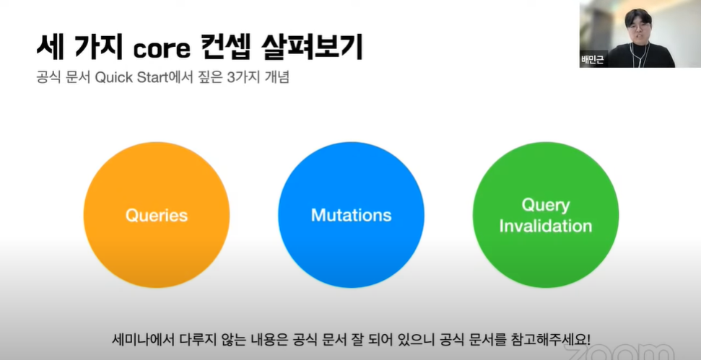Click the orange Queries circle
click(157, 215)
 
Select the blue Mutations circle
click(351, 215)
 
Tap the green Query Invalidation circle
click(545, 215)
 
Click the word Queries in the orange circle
click(157, 216)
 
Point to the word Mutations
click(351, 215)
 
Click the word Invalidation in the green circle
click(545, 226)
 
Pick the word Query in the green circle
click(546, 206)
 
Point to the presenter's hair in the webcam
click(638, 14)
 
